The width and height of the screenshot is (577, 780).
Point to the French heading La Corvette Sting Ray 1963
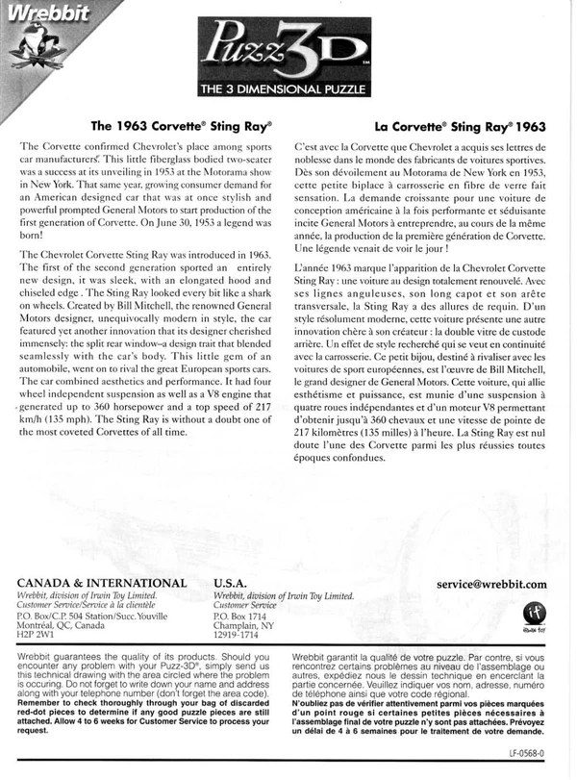pyautogui.click(x=461, y=125)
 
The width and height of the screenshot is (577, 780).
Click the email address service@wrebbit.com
pyautogui.click(x=491, y=583)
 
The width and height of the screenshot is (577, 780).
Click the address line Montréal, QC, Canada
pyautogui.click(x=66, y=624)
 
